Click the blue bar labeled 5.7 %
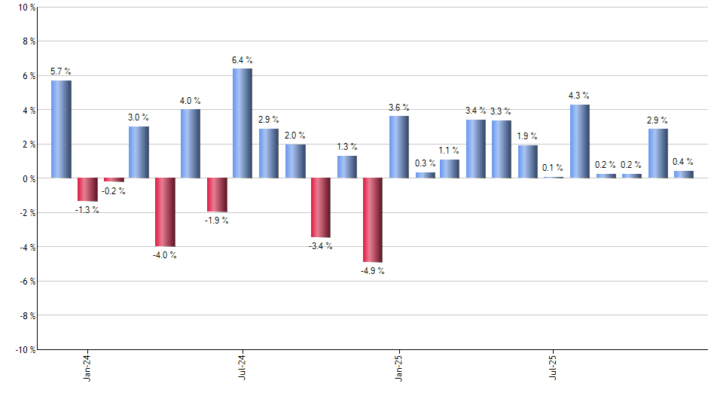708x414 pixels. pyautogui.click(x=61, y=129)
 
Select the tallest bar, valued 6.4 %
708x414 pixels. pyautogui.click(x=243, y=123)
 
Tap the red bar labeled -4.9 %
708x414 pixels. pyautogui.click(x=373, y=220)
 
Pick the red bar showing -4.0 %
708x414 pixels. pyautogui.click(x=165, y=212)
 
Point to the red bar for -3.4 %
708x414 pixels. pyautogui.click(x=321, y=207)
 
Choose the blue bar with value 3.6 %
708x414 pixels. pyautogui.click(x=399, y=147)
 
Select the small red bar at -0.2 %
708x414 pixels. pyautogui.click(x=114, y=180)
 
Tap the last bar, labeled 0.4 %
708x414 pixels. pyautogui.click(x=684, y=175)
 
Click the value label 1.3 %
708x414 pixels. pyautogui.click(x=347, y=147)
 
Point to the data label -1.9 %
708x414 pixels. pyautogui.click(x=217, y=221)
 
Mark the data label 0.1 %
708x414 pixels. pyautogui.click(x=554, y=168)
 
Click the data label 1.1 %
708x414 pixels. pyautogui.click(x=450, y=151)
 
